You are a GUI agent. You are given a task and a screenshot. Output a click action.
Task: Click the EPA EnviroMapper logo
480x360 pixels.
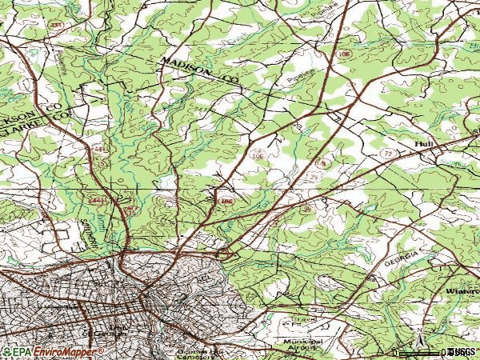click(51, 351)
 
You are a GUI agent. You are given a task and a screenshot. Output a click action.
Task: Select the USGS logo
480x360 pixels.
click(462, 350)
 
